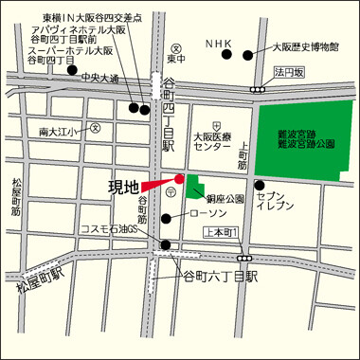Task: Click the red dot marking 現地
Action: [x=179, y=178]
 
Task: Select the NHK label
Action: [x=219, y=43]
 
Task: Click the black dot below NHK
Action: [x=225, y=55]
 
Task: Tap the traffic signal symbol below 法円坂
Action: [x=258, y=89]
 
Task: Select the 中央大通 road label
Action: [x=100, y=78]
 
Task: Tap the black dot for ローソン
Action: [x=167, y=219]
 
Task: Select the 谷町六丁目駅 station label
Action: [x=220, y=276]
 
